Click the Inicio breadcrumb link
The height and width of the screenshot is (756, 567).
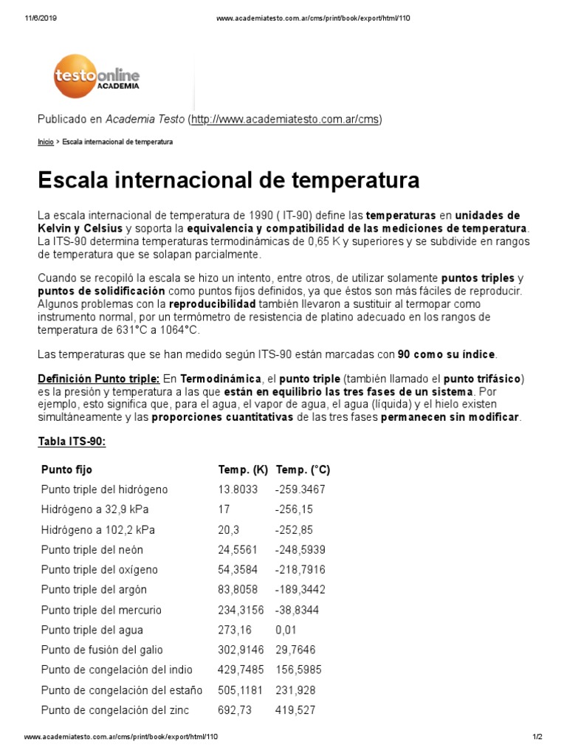45,141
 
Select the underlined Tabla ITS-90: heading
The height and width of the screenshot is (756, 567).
72,441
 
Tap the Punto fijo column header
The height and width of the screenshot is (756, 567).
67,470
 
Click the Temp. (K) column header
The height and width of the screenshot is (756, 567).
243,470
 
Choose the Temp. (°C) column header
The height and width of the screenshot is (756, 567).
303,470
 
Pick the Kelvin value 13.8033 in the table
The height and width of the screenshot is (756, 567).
238,489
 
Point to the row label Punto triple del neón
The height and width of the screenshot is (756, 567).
92,550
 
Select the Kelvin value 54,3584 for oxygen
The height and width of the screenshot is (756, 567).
238,570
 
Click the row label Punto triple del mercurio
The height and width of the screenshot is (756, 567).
101,610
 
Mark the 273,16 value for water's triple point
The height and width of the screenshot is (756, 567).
233,630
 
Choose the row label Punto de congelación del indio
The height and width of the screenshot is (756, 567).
117,670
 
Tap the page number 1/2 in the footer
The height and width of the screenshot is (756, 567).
537,738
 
